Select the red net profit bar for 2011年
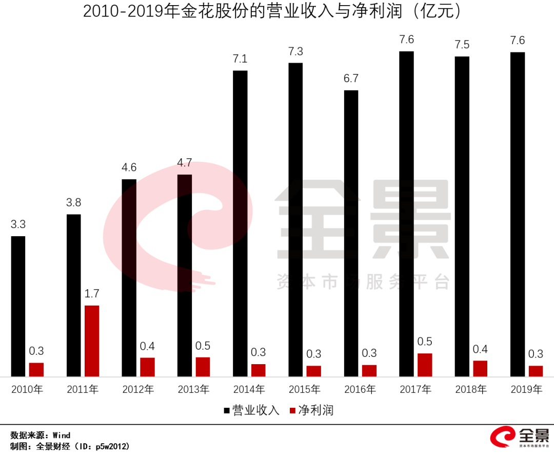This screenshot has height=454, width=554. click(x=92, y=341)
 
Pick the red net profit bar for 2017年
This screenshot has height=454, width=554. click(x=424, y=365)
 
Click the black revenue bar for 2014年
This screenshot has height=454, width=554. click(x=240, y=223)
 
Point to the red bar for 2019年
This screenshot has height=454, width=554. click(x=536, y=371)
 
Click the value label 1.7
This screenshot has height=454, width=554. click(x=92, y=294)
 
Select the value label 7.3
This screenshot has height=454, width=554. click(x=295, y=51)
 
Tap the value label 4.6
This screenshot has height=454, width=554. click(x=129, y=167)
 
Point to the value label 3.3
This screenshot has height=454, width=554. click(x=18, y=224)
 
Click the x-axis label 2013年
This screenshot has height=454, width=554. click(x=193, y=390)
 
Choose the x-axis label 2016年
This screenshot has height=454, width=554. click(x=360, y=390)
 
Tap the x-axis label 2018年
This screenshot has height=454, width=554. click(x=471, y=390)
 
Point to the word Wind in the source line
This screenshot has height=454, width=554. click(x=61, y=436)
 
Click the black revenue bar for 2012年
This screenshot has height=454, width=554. click(x=129, y=278)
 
